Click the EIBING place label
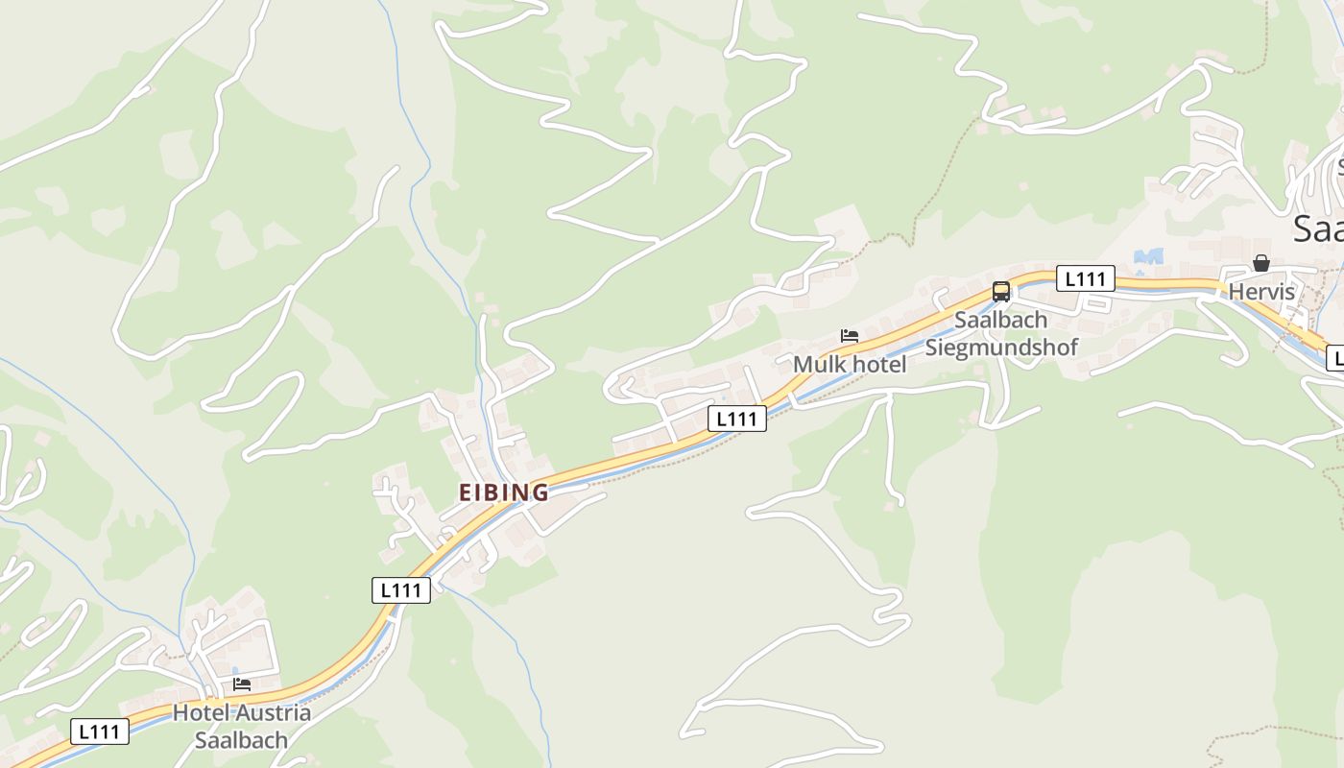click(x=503, y=492)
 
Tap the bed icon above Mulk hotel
click(x=849, y=336)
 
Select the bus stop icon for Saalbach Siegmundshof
click(x=1001, y=292)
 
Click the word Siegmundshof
click(x=1001, y=347)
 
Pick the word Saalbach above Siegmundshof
click(x=1000, y=321)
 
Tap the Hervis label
click(x=1261, y=292)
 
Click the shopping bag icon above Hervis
click(x=1261, y=263)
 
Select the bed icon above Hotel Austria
click(x=242, y=684)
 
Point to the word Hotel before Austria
click(x=200, y=713)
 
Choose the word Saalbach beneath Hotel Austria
click(x=241, y=740)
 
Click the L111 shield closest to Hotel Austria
click(x=100, y=732)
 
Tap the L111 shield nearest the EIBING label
click(x=401, y=590)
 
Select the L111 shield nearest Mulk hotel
click(x=737, y=419)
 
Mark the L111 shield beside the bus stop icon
click(x=1086, y=279)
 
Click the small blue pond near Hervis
click(x=1148, y=256)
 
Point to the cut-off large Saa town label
click(x=1317, y=229)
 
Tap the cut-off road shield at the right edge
click(x=1335, y=359)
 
